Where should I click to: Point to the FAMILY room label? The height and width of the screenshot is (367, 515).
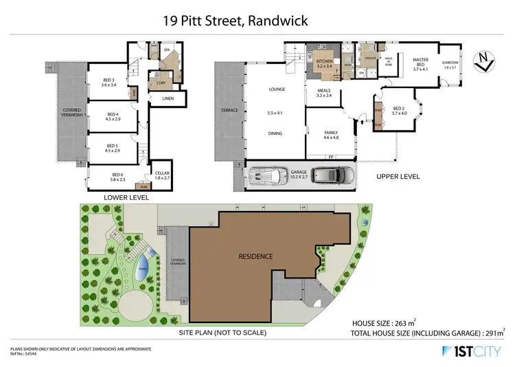point(331,134)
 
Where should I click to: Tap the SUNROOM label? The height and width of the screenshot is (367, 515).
point(450,64)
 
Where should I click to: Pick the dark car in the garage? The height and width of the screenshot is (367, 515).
point(332,175)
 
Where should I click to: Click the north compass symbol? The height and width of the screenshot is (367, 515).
point(487,63)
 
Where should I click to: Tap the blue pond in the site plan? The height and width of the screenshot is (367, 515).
point(143,264)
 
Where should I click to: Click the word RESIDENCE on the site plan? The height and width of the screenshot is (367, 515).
point(255,256)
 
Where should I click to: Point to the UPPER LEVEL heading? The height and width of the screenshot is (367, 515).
point(398,177)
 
